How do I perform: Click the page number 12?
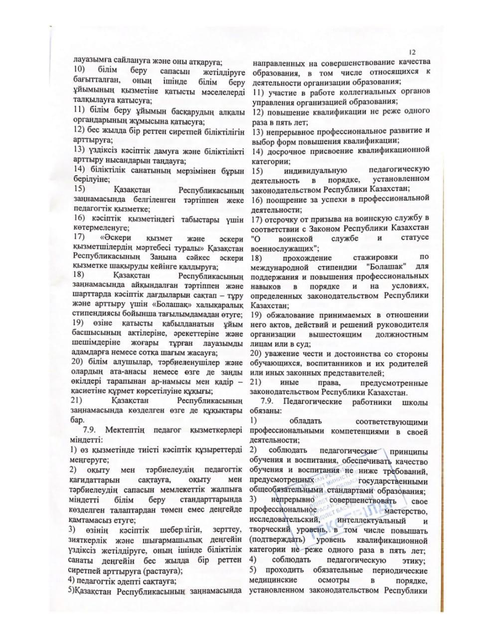point(413,52)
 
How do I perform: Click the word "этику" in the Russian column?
point(414,561)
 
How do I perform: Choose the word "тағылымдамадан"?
point(173,315)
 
